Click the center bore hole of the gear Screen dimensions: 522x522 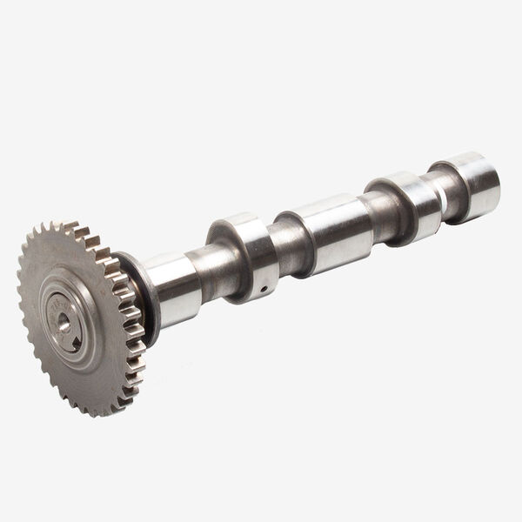(64, 322)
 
